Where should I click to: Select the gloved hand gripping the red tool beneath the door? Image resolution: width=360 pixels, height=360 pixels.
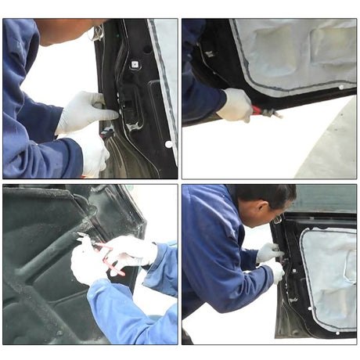coord(235,105)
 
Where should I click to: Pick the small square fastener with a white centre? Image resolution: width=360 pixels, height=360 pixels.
coord(134,64)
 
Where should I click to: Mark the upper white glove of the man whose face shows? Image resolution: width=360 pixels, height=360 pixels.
coord(268,251)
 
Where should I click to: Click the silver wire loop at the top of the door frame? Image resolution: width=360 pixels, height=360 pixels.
coord(97,32)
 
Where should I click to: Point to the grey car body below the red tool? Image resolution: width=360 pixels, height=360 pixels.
coord(329,149)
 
